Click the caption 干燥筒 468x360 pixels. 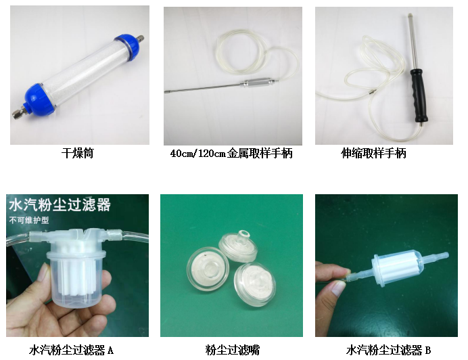(x=77, y=153)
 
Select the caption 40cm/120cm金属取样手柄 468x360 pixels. (x=231, y=153)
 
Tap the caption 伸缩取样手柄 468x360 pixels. (x=373, y=153)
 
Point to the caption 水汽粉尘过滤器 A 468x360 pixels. (x=71, y=350)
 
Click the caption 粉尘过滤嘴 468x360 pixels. (x=233, y=350)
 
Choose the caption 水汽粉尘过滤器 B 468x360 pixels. (x=388, y=350)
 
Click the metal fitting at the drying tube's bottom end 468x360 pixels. (x=18, y=112)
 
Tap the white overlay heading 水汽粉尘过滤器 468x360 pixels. (x=60, y=205)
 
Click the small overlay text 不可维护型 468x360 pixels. (x=28, y=221)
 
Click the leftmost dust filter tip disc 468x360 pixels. (x=208, y=268)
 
